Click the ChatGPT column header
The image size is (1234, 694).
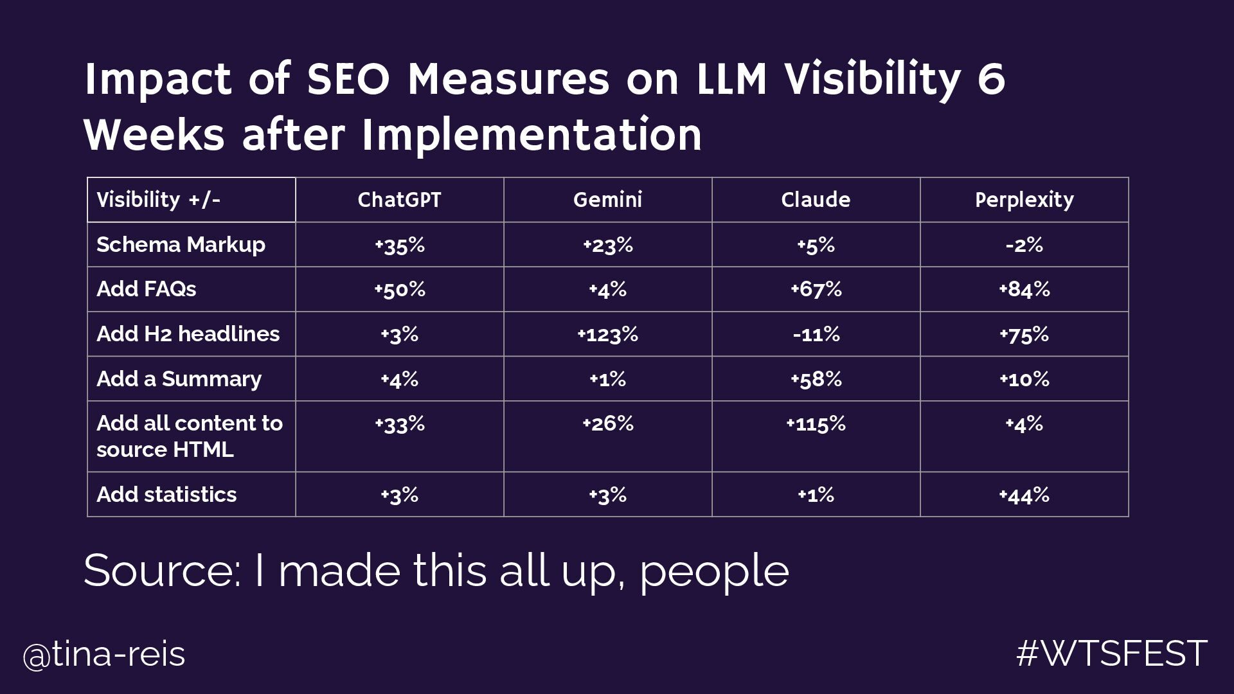(x=399, y=200)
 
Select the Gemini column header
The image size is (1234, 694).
(x=607, y=200)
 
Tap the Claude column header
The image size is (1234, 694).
(x=816, y=200)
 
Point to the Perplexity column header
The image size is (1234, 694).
(x=1024, y=200)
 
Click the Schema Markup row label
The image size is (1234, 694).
(x=181, y=245)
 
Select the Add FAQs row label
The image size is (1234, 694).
(x=147, y=289)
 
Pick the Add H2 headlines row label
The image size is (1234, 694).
(x=188, y=334)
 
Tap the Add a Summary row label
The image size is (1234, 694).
(x=179, y=379)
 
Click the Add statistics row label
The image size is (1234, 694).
(x=166, y=494)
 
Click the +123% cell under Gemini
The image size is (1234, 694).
(x=607, y=334)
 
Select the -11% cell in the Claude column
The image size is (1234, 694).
(x=816, y=334)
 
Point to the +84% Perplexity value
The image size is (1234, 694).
(x=1024, y=289)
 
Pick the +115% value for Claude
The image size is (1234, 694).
(x=816, y=424)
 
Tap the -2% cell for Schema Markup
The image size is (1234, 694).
(x=1024, y=245)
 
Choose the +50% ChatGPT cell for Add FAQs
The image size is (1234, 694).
(x=399, y=289)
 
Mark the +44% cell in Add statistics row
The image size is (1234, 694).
(x=1024, y=495)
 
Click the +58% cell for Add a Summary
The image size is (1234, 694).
(x=816, y=379)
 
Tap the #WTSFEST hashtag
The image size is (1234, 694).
(x=1111, y=654)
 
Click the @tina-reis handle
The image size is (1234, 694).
(x=104, y=655)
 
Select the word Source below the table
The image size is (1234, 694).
(x=162, y=571)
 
